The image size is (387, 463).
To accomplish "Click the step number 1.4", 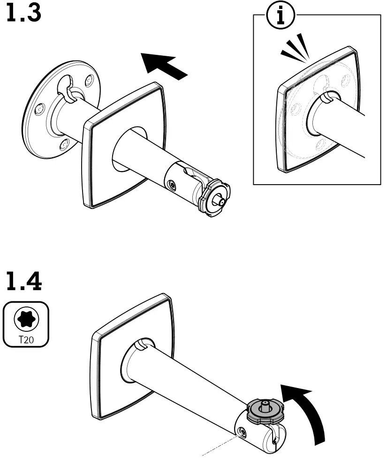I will tap(24, 281).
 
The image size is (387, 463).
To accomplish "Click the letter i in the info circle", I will tap(281, 16).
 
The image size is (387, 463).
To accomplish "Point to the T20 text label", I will tap(26, 339).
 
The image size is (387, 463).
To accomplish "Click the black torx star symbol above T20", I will tap(26, 319).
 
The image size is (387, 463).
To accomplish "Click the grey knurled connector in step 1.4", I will tap(265, 410).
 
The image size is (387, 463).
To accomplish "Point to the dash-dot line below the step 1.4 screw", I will tap(220, 445).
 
